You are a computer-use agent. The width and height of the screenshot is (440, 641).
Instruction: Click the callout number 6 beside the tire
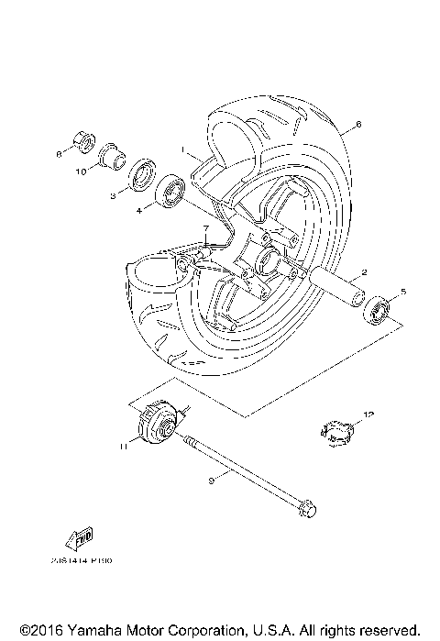(358, 123)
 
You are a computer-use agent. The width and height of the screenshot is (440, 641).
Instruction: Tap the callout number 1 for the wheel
(183, 148)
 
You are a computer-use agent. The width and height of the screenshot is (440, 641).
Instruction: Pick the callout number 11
(120, 447)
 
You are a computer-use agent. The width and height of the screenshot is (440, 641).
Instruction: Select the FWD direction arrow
(82, 539)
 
